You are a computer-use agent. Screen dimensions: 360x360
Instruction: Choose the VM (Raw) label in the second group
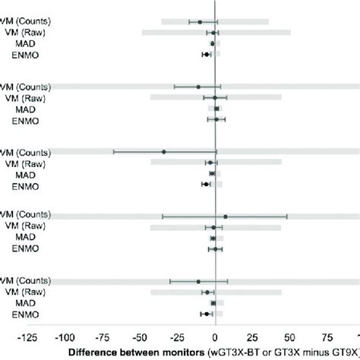[28, 98]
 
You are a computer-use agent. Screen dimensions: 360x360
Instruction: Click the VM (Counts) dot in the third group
[163, 152]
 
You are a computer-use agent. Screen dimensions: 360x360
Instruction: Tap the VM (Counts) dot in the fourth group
[226, 216]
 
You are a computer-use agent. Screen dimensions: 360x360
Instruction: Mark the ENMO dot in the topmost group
[206, 55]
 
